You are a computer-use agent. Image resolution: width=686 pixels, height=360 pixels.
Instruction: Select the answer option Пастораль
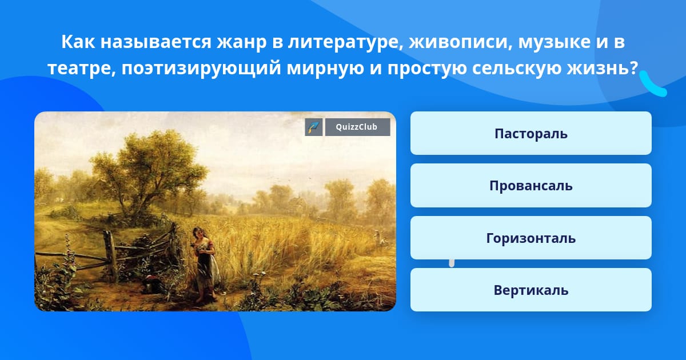(531, 133)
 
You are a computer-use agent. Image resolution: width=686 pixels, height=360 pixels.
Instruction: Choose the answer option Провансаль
(531, 186)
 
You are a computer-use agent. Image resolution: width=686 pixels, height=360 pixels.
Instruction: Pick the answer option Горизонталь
(531, 238)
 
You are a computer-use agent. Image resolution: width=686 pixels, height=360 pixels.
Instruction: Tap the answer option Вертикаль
(531, 290)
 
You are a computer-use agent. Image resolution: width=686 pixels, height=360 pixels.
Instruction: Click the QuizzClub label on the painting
(357, 127)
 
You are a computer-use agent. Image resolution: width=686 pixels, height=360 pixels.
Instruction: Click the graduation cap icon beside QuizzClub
(314, 127)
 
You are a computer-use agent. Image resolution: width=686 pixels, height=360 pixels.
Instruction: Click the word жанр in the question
(242, 42)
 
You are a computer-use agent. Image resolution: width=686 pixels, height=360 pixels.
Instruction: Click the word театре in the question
(82, 68)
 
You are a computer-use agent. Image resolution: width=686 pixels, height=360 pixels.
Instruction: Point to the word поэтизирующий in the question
(201, 68)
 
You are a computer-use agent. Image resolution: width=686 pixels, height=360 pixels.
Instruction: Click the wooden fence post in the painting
(110, 255)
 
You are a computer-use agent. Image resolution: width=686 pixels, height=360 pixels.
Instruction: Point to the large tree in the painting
(147, 171)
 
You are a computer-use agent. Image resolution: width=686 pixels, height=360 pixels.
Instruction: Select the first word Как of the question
(78, 42)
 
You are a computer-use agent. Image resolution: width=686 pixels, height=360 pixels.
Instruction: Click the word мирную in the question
(325, 68)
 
